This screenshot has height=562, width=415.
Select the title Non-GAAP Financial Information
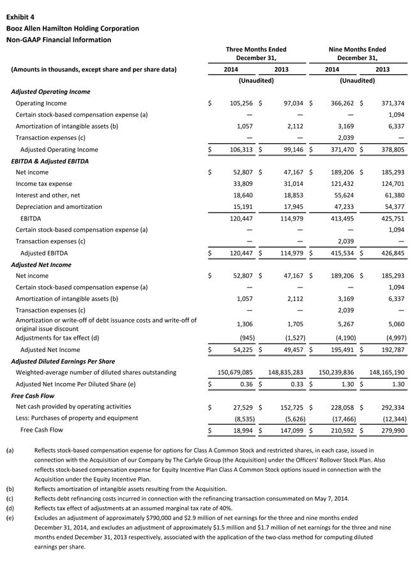(x=59, y=40)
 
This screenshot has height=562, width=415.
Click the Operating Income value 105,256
(x=239, y=103)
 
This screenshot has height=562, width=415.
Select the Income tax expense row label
(x=43, y=184)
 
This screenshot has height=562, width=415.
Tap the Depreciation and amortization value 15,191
(x=241, y=207)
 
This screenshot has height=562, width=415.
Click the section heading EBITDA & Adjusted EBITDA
(x=50, y=161)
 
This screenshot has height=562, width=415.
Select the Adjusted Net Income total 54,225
(x=241, y=350)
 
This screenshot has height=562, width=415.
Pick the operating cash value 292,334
(x=390, y=407)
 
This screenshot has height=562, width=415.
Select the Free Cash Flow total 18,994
(x=241, y=430)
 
